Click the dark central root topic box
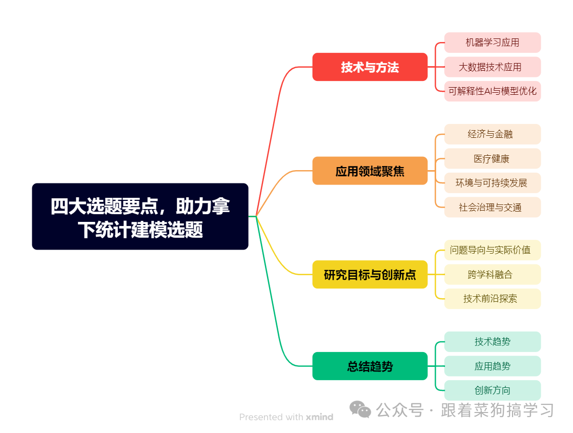pyautogui.click(x=140, y=216)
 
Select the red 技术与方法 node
pyautogui.click(x=370, y=67)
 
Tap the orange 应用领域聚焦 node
pyautogui.click(x=370, y=171)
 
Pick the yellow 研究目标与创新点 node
pyautogui.click(x=370, y=275)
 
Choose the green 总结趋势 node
pyautogui.click(x=370, y=366)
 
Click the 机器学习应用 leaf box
pyautogui.click(x=492, y=43)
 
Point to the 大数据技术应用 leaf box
pyautogui.click(x=492, y=67)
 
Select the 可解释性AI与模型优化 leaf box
pyautogui.click(x=492, y=91)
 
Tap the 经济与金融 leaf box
pyautogui.click(x=492, y=134)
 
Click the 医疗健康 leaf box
pyautogui.click(x=492, y=159)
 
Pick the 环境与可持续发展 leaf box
pyautogui.click(x=492, y=183)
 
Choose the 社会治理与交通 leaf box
pyautogui.click(x=492, y=208)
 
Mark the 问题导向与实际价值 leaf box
pyautogui.click(x=492, y=250)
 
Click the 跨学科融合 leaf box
pyautogui.click(x=492, y=275)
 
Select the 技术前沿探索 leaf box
pyautogui.click(x=492, y=299)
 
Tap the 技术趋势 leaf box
pyautogui.click(x=492, y=342)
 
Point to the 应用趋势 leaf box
pyautogui.click(x=492, y=366)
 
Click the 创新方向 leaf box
pyautogui.click(x=492, y=390)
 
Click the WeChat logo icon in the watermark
pyautogui.click(x=360, y=409)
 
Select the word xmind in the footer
pyautogui.click(x=319, y=417)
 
